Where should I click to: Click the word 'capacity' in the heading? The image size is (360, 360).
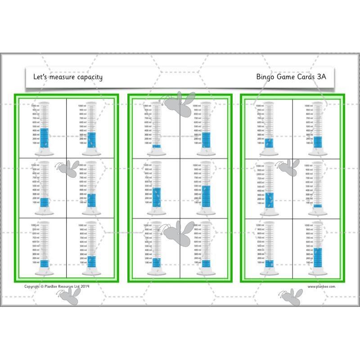[x=88, y=77]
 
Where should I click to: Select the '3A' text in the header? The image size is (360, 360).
[x=321, y=76]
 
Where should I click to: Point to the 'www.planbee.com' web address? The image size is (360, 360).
[x=321, y=286]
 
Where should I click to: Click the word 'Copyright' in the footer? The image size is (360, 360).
[x=32, y=286]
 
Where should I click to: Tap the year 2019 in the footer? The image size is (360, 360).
[x=85, y=286]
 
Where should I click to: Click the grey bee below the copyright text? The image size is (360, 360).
[x=68, y=295]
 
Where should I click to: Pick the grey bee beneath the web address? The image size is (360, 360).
[x=290, y=297]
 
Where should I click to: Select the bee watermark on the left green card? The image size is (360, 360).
[x=68, y=169]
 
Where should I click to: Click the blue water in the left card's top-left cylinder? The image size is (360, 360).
[x=44, y=138]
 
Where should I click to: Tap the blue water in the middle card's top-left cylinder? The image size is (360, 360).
[x=156, y=146]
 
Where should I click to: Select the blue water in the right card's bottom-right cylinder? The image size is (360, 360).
[x=318, y=257]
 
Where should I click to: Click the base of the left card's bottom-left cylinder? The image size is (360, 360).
[x=44, y=272]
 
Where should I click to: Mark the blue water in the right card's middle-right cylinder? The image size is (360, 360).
[x=318, y=206]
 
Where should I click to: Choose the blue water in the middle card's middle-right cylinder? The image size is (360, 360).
[x=206, y=196]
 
